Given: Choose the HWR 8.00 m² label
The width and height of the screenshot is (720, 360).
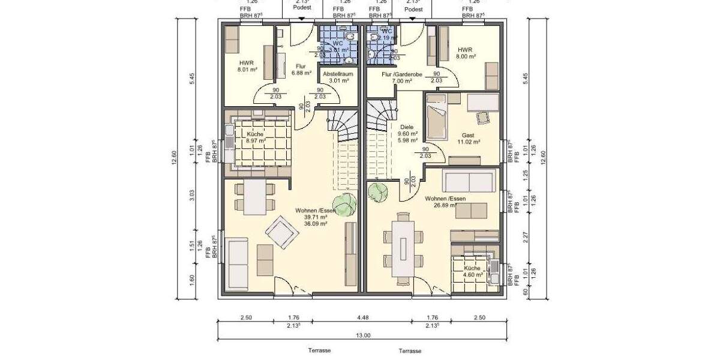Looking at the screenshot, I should coord(465,53).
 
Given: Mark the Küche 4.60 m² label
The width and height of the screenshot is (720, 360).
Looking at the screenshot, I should coord(472,272).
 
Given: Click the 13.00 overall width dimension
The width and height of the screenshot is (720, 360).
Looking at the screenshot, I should coord(363,335).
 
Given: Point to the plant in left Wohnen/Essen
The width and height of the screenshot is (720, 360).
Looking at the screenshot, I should coord(344,204).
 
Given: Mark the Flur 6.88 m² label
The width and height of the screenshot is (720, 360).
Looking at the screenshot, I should coord(301,70).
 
